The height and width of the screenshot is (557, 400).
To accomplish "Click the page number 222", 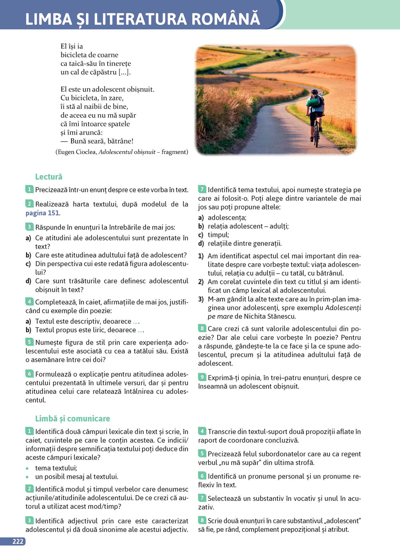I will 18,541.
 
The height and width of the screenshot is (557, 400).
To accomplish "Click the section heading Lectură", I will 49,177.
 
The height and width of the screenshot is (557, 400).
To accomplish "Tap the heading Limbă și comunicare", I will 72,418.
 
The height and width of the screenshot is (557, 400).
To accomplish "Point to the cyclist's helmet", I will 315,92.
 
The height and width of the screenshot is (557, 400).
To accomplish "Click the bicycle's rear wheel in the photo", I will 317,136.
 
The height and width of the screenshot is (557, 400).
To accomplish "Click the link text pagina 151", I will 42,213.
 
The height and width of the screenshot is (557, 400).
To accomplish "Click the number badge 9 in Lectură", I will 202,377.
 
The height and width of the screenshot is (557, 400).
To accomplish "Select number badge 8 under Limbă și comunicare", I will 202,520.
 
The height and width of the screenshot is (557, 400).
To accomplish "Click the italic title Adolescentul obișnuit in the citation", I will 127,152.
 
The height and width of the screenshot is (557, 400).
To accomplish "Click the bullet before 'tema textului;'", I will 27,468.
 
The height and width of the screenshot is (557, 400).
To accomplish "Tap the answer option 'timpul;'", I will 218,235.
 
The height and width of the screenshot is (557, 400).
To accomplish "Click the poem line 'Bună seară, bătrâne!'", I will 102,141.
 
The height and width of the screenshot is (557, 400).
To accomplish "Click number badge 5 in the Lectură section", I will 30,342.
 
